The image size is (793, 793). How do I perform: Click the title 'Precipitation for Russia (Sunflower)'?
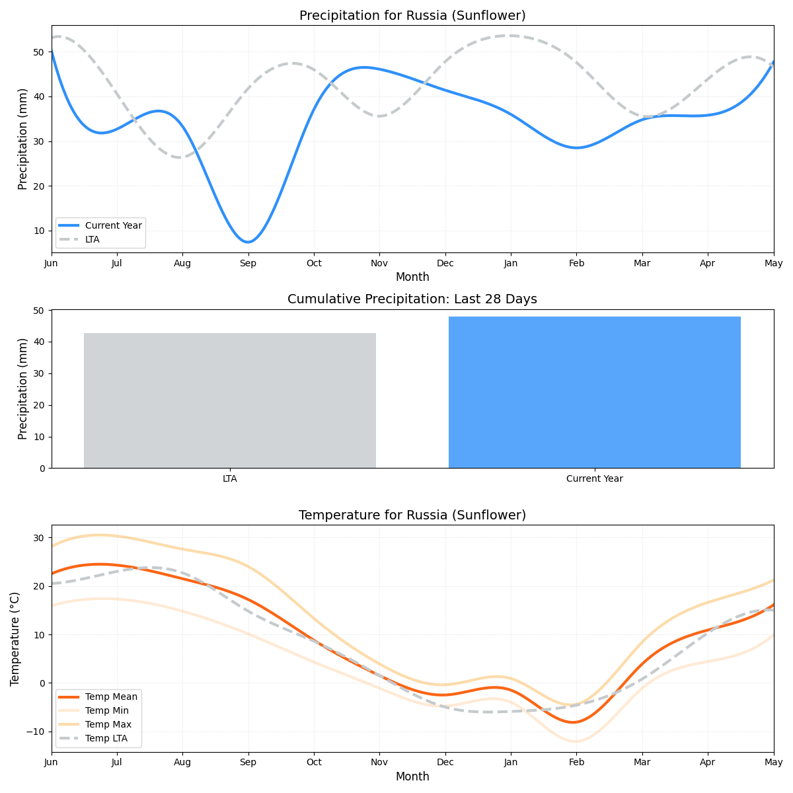[x=412, y=15]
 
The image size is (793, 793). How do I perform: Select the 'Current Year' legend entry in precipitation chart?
[x=113, y=225]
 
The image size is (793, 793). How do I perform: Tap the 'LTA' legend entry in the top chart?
[x=92, y=239]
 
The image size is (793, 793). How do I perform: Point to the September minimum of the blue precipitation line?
[x=248, y=242]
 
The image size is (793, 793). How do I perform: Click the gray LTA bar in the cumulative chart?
[x=230, y=400]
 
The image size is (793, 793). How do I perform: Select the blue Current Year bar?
[x=594, y=393]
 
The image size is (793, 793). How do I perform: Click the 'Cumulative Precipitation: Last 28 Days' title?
[x=412, y=299]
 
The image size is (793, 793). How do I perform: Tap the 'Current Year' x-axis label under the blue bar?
[x=594, y=479]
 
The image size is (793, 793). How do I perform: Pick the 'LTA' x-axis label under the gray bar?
[x=230, y=479]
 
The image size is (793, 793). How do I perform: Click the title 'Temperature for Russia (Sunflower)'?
[x=412, y=515]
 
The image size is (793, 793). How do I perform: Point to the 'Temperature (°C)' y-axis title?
[x=15, y=638]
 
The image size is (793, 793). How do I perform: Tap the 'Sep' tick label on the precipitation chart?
[x=248, y=263]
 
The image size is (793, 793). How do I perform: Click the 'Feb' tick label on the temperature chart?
[x=576, y=763]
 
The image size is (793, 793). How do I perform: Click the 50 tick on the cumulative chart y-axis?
[x=40, y=311]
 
